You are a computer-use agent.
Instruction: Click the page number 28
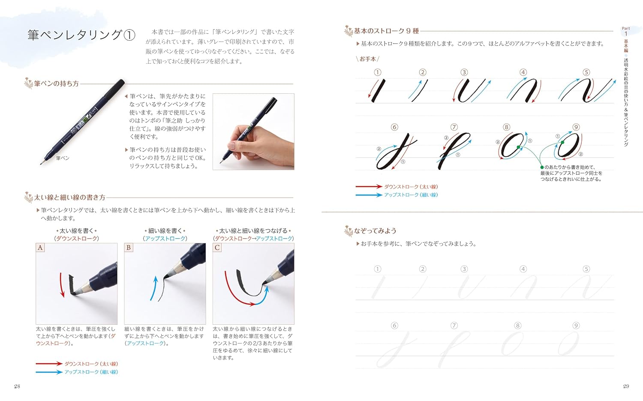(17, 386)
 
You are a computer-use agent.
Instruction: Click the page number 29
(626, 386)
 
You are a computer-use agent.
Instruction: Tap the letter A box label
(40, 248)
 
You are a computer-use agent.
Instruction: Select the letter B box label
(129, 248)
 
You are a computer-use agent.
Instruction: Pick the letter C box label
(217, 248)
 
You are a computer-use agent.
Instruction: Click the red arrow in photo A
(61, 285)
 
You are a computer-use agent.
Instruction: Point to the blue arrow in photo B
(154, 288)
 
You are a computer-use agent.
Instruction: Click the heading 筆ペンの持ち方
(56, 84)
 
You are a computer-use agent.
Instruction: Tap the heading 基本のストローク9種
(386, 31)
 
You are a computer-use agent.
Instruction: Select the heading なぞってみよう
(375, 230)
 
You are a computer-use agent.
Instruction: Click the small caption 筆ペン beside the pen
(63, 158)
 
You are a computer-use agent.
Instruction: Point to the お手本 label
(368, 59)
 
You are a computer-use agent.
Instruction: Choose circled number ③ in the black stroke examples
(464, 72)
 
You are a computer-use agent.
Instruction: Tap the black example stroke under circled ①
(379, 91)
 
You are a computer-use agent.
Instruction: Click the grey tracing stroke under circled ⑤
(586, 287)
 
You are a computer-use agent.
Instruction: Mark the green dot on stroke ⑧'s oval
(518, 147)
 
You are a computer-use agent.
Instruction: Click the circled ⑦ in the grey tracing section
(454, 326)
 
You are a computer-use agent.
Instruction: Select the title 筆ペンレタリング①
(81, 35)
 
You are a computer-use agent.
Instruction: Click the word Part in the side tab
(626, 28)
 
